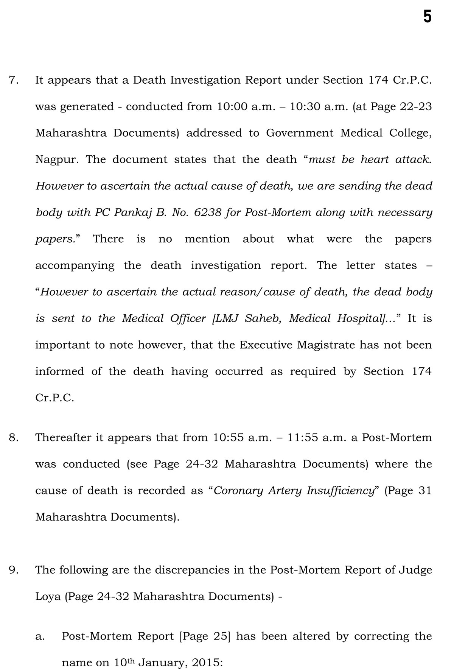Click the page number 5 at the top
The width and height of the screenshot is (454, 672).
pyautogui.click(x=427, y=17)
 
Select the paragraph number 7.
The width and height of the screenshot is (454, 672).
pyautogui.click(x=14, y=80)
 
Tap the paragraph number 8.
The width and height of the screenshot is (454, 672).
pyautogui.click(x=14, y=438)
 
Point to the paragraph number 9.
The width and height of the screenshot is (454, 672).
pyautogui.click(x=14, y=570)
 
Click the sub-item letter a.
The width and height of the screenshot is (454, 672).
pyautogui.click(x=40, y=636)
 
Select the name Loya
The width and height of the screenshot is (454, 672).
pyautogui.click(x=48, y=596)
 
